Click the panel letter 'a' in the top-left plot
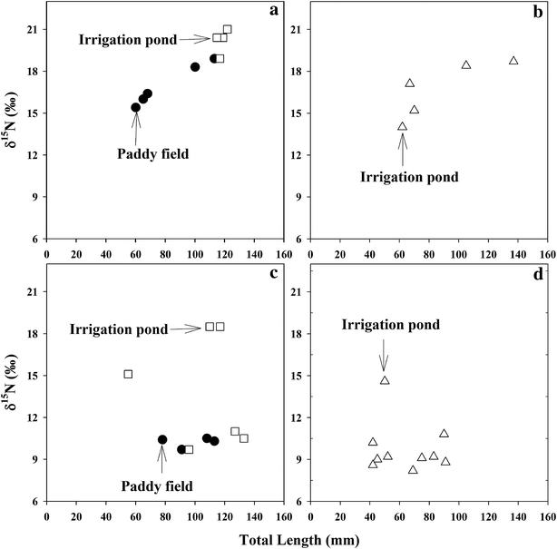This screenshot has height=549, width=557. pyautogui.click(x=272, y=12)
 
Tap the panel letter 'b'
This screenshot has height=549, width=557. pyautogui.click(x=537, y=12)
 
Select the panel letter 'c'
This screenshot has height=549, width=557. pyautogui.click(x=272, y=276)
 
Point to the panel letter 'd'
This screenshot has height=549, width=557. pyautogui.click(x=537, y=276)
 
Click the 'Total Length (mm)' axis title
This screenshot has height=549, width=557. pyautogui.click(x=297, y=540)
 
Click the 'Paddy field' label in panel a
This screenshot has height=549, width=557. pyautogui.click(x=152, y=153)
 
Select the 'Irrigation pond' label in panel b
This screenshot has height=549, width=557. pyautogui.click(x=409, y=176)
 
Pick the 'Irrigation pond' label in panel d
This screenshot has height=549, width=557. pyautogui.click(x=391, y=324)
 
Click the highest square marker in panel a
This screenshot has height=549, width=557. pyautogui.click(x=227, y=29)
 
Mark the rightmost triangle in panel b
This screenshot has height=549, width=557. pyautogui.click(x=513, y=61)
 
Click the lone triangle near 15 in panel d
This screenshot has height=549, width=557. pyautogui.click(x=385, y=380)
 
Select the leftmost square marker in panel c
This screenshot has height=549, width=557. pyautogui.click(x=128, y=374)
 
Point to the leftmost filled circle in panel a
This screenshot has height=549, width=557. pyautogui.click(x=136, y=107)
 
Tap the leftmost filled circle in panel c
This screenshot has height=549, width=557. pyautogui.click(x=162, y=439)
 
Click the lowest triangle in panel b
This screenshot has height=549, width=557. pyautogui.click(x=403, y=127)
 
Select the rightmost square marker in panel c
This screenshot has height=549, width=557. pyautogui.click(x=243, y=438)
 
